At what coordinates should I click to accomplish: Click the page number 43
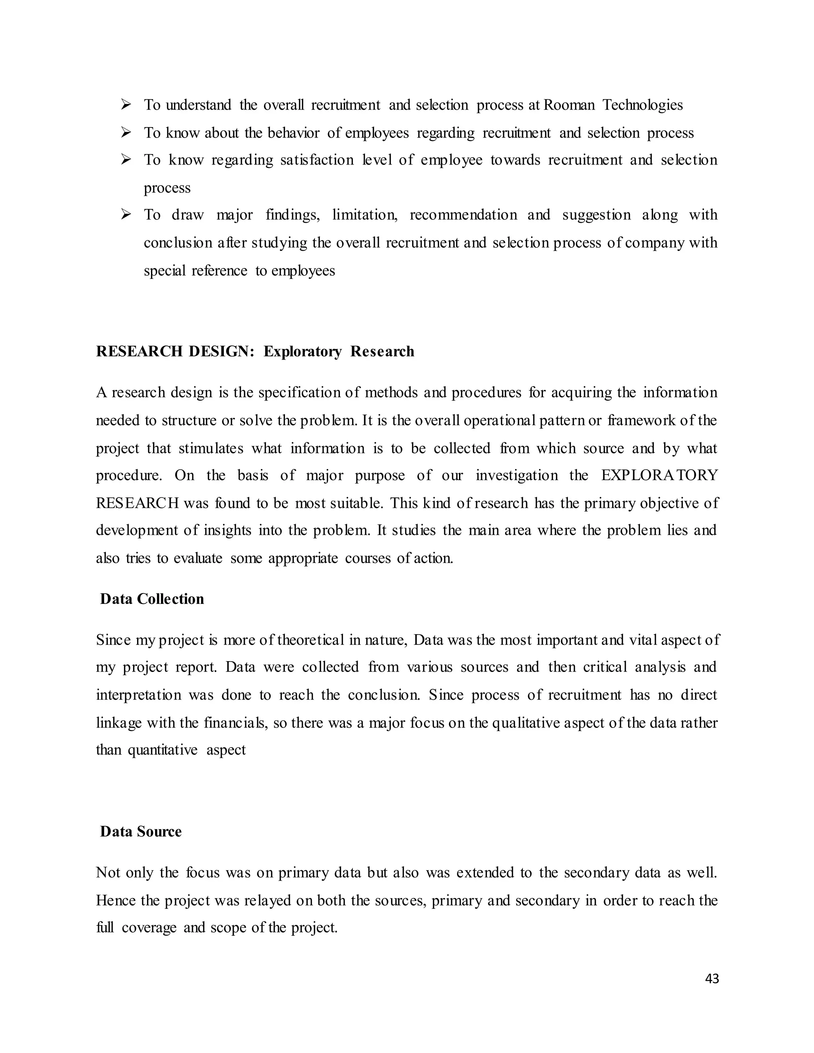[x=712, y=978]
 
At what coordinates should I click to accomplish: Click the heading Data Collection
[x=152, y=599]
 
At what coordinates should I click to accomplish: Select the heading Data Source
[x=141, y=831]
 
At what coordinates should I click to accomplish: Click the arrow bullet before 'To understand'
[x=126, y=104]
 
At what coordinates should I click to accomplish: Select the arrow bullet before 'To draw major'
[x=126, y=214]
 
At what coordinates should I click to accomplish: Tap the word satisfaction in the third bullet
[x=317, y=160]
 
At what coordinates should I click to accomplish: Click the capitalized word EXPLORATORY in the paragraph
[x=659, y=475]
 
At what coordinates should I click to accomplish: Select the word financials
[x=235, y=723]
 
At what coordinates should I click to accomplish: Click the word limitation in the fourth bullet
[x=364, y=215]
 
